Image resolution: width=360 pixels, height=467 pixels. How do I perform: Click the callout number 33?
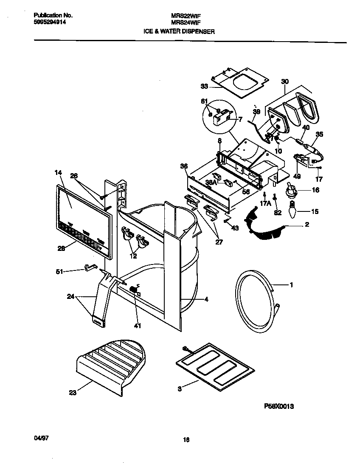click(205, 87)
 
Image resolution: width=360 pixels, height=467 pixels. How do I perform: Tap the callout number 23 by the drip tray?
click(73, 393)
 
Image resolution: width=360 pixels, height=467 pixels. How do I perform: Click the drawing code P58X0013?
click(279, 406)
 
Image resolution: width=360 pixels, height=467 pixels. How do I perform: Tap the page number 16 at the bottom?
click(186, 440)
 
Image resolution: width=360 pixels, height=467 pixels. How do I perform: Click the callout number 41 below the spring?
click(138, 326)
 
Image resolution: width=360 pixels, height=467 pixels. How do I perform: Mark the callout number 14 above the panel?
click(58, 173)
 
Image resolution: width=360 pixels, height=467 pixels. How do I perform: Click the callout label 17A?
click(265, 203)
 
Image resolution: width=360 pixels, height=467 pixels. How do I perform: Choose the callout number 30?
click(284, 82)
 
